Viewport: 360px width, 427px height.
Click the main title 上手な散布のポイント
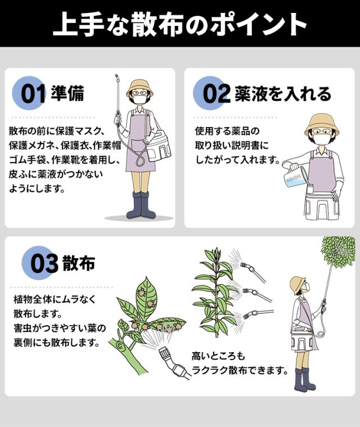pos(180,24)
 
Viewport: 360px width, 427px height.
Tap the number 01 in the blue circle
pos(33,94)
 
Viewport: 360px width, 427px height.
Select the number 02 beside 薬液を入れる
pos(216,94)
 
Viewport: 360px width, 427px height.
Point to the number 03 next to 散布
pos(44,264)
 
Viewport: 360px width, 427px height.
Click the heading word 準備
pos(67,93)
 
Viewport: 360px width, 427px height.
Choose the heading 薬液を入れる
pos(283,94)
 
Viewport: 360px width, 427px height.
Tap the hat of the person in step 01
pos(139,87)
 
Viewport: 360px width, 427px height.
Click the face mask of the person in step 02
pos(321,141)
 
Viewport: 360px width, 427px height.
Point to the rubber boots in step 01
pos(141,205)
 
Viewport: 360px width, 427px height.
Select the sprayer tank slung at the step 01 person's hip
pos(159,146)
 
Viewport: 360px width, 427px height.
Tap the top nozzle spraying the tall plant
pos(253,272)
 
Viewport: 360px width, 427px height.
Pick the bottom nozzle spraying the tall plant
pos(258,314)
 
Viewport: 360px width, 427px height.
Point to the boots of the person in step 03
pos(304,380)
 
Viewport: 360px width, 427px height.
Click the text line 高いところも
pos(219,356)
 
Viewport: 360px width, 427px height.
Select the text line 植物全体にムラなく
pos(55,299)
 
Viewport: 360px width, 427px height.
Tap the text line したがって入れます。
pos(237,159)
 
